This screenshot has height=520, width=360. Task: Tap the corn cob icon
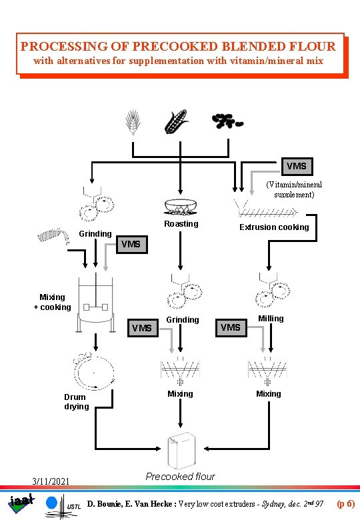pos(177,123)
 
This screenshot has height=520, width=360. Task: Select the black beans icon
pos(227,121)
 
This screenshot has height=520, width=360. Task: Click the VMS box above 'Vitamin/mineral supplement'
pos(296,165)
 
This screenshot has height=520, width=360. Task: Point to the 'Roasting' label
pos(181,224)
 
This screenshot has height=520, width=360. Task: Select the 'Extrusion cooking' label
pos(275,227)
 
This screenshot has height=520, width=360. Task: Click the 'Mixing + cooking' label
pos(52,302)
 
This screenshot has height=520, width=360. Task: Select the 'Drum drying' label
pos(76,401)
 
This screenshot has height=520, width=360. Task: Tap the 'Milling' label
pos(271,319)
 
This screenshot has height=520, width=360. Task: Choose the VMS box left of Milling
pos(230,327)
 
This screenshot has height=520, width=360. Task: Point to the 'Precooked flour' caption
pos(180,477)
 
